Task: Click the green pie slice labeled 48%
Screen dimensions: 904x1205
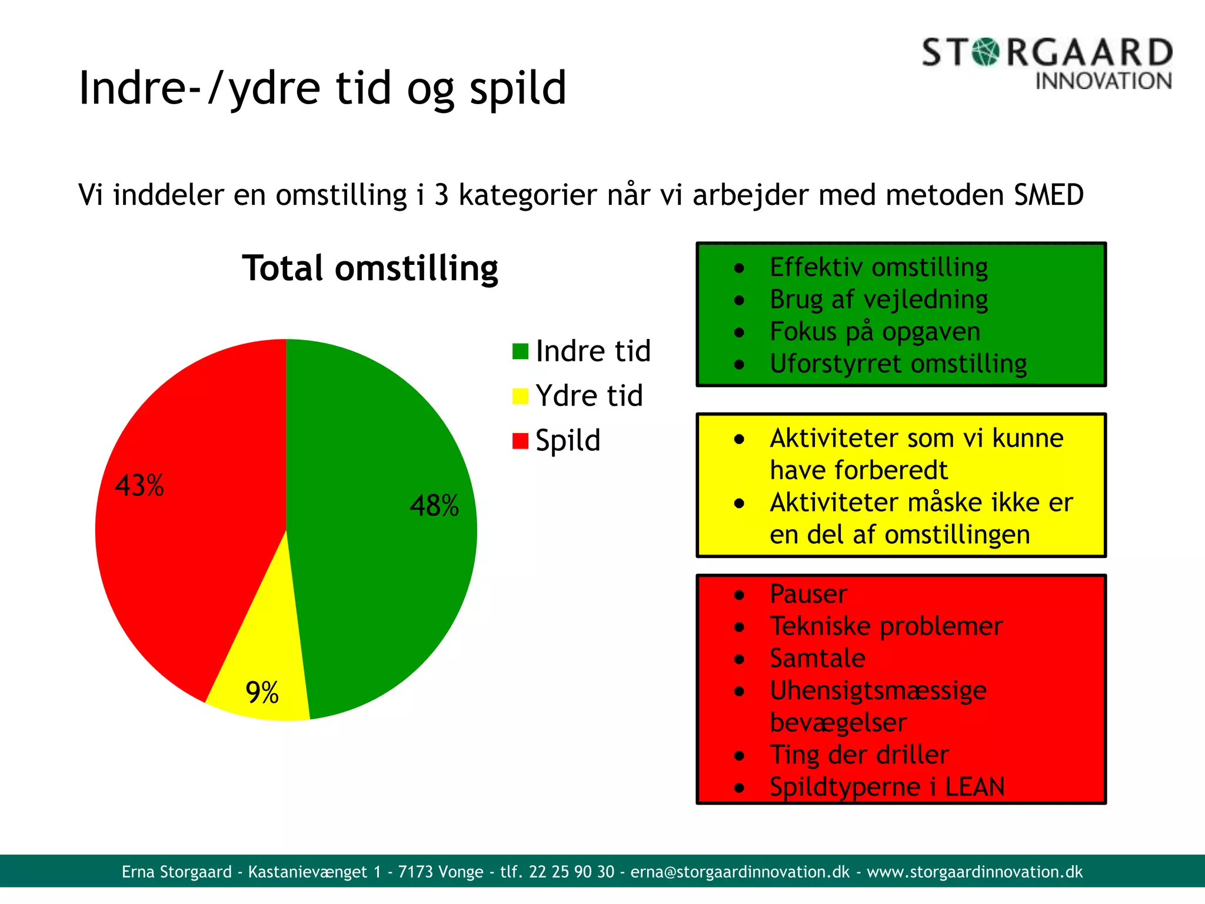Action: [382, 530]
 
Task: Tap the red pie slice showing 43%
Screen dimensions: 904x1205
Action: [188, 530]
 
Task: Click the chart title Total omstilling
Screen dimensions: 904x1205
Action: [370, 268]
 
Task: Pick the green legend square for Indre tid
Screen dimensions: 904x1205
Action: [520, 351]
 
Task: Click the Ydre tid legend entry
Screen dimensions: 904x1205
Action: [588, 395]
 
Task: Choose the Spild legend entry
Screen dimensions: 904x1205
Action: [567, 440]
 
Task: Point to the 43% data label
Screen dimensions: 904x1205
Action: [139, 486]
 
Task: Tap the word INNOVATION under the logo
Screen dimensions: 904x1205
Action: [1103, 81]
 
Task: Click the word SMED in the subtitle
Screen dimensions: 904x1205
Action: [1048, 195]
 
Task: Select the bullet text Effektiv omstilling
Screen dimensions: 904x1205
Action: [878, 267]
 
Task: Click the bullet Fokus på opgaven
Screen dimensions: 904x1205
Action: [875, 331]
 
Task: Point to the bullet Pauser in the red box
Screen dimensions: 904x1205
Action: [808, 594]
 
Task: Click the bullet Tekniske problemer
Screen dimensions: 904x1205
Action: [886, 626]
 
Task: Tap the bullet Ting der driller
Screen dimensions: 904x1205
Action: [859, 755]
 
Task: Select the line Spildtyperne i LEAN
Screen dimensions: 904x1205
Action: [887, 787]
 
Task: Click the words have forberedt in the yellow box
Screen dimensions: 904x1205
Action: [858, 470]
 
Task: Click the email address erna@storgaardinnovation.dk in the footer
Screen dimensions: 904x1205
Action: [740, 872]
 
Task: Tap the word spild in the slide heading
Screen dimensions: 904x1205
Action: [517, 88]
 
